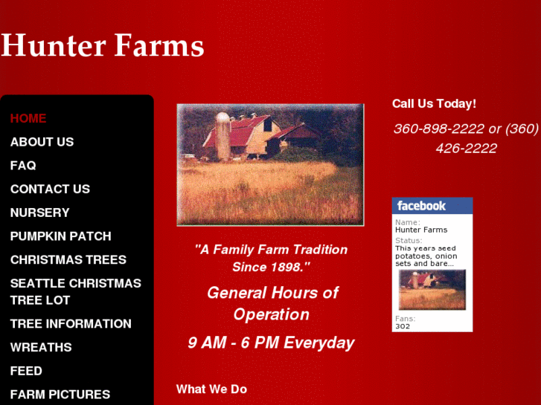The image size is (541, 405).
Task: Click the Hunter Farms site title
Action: pyautogui.click(x=103, y=45)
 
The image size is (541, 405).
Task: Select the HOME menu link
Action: pyautogui.click(x=28, y=118)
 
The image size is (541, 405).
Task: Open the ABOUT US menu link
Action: pyautogui.click(x=42, y=142)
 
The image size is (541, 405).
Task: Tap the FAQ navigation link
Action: pyautogui.click(x=23, y=166)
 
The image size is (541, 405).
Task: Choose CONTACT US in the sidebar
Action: pyautogui.click(x=50, y=189)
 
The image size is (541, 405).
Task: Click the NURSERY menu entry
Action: pyautogui.click(x=39, y=213)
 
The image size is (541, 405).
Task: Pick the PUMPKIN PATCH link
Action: pyautogui.click(x=60, y=236)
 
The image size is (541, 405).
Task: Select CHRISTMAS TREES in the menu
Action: pyautogui.click(x=68, y=260)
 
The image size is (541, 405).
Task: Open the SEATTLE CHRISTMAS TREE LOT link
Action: pyautogui.click(x=75, y=291)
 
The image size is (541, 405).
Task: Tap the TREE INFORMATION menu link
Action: pyautogui.click(x=71, y=324)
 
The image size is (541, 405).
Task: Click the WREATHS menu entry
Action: pyautogui.click(x=41, y=347)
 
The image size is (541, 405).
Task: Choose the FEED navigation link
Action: pyautogui.click(x=26, y=371)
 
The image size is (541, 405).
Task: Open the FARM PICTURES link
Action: pyautogui.click(x=60, y=395)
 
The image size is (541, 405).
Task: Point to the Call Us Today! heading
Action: pyautogui.click(x=434, y=104)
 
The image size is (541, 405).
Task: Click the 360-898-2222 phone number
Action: pyautogui.click(x=438, y=129)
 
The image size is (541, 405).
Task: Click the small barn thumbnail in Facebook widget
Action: pyautogui.click(x=432, y=290)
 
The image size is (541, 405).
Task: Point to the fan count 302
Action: pyautogui.click(x=403, y=326)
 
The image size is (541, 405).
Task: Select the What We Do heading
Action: pyautogui.click(x=211, y=389)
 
